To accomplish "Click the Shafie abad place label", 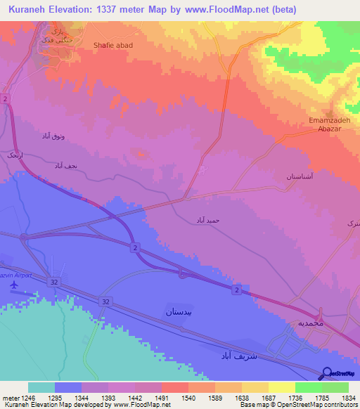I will (112, 45).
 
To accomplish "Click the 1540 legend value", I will (188, 397).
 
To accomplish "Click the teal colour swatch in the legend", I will (41, 387).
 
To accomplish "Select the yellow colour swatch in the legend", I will (281, 387).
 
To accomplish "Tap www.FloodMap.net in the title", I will (225, 9).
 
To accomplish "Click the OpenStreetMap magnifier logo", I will (327, 374).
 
